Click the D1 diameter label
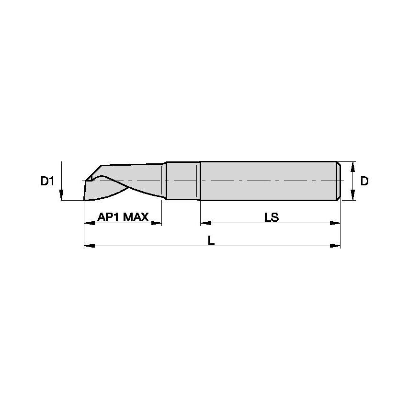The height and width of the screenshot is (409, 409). [x=47, y=181]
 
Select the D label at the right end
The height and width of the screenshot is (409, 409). [x=364, y=181]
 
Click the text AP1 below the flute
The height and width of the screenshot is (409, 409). [x=108, y=217]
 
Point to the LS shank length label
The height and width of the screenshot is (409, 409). [x=271, y=217]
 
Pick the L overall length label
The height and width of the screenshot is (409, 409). [x=211, y=240]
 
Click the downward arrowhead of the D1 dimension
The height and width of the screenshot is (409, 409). [x=62, y=195]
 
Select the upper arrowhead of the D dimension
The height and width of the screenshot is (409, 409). [x=353, y=166]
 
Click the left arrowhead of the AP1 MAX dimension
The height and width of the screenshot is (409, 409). [x=89, y=223]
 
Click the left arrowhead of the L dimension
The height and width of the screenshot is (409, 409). [x=89, y=246]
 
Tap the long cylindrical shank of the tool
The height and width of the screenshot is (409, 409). [x=268, y=181]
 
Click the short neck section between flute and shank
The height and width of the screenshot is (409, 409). [x=182, y=181]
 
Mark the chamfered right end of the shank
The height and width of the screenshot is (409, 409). [x=338, y=181]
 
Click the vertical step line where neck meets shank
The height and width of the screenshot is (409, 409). [x=199, y=181]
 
